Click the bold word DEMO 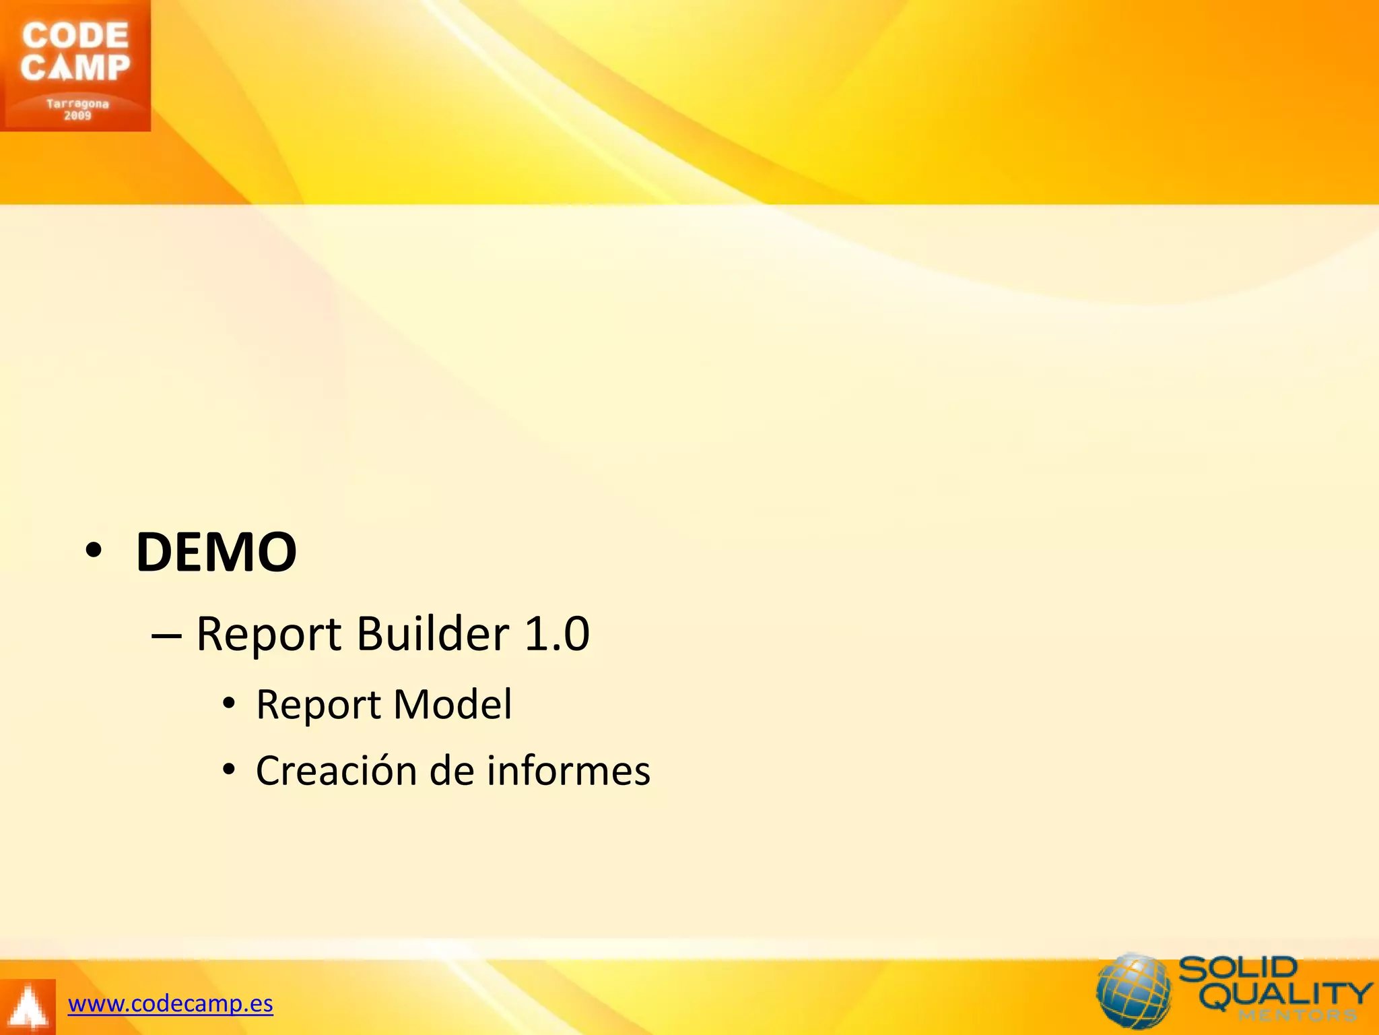(x=215, y=553)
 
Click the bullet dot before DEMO (x=94, y=551)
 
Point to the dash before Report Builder (x=166, y=635)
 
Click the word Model (x=452, y=704)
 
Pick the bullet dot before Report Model (x=229, y=703)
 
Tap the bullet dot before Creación (x=229, y=769)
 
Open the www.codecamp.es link (x=170, y=1004)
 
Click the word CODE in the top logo (x=75, y=36)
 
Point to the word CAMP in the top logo (x=75, y=67)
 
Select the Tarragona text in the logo (x=77, y=104)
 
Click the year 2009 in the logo (x=77, y=116)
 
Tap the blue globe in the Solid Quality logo (x=1134, y=991)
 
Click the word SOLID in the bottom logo (x=1238, y=969)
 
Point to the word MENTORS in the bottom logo (x=1297, y=1015)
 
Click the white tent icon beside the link (x=27, y=1007)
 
